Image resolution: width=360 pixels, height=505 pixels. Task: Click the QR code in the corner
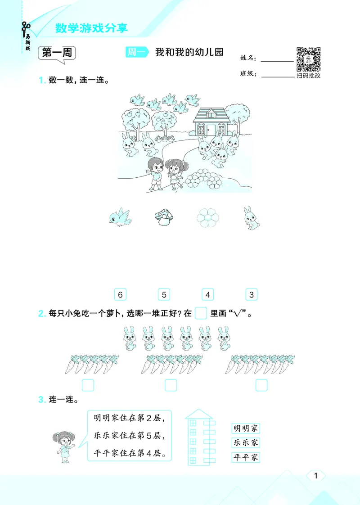pyautogui.click(x=308, y=59)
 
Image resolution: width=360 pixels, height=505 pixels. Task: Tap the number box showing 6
pyautogui.click(x=120, y=295)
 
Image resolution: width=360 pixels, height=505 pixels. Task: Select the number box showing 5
pyautogui.click(x=164, y=295)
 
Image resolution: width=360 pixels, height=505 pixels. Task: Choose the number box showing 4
pyautogui.click(x=207, y=295)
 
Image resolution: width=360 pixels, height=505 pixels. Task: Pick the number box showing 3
pyautogui.click(x=252, y=295)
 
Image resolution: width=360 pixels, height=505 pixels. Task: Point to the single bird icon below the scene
pyautogui.click(x=120, y=217)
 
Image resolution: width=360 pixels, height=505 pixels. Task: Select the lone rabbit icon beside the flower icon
pyautogui.click(x=250, y=218)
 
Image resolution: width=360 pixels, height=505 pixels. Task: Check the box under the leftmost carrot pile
pyautogui.click(x=88, y=385)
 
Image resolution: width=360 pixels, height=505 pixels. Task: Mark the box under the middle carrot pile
pyautogui.click(x=171, y=385)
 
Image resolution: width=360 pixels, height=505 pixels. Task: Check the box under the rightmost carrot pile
pyautogui.click(x=261, y=385)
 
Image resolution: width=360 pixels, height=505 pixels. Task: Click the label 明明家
pyautogui.click(x=246, y=428)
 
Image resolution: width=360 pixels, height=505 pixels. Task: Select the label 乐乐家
pyautogui.click(x=246, y=443)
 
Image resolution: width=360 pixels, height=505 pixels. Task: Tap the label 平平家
pyautogui.click(x=246, y=458)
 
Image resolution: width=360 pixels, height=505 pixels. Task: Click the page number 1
pyautogui.click(x=316, y=476)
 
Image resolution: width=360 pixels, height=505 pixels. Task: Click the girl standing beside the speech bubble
pyautogui.click(x=64, y=445)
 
